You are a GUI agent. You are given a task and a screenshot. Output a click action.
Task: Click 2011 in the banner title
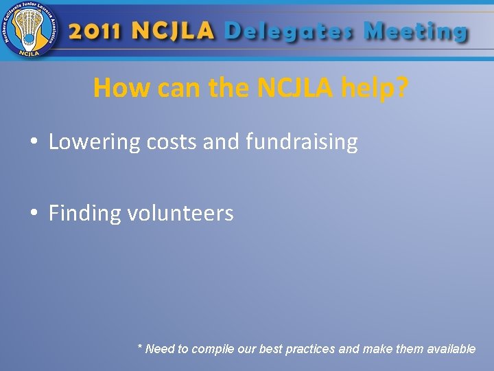(x=97, y=31)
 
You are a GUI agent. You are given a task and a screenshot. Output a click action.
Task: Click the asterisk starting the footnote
(x=140, y=348)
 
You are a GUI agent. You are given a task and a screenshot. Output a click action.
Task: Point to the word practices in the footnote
(x=309, y=349)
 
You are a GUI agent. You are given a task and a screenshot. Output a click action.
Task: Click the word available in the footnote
(x=451, y=349)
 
